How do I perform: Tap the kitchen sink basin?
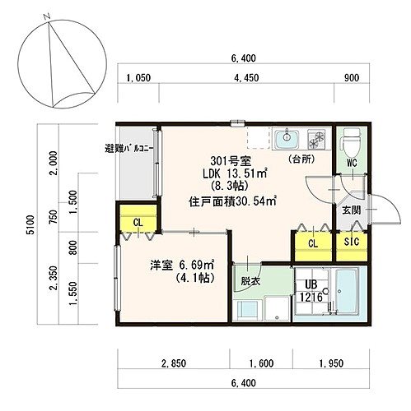coord(287,139)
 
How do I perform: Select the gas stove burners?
coord(315,139)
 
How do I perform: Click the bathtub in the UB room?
coord(347,292)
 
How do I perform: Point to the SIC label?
coord(352,242)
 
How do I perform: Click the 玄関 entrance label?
coord(351,210)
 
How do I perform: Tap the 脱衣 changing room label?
coord(250,281)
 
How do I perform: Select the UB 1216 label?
coord(311,291)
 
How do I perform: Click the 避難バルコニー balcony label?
coord(129,149)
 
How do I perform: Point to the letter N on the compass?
coord(47,17)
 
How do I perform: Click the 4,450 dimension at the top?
coord(246,78)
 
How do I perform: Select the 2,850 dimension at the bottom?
coord(174,363)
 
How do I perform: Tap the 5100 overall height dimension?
coord(31,224)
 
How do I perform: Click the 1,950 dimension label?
coord(331,363)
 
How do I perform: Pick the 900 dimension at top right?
coord(352,78)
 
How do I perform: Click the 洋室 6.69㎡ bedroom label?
coord(182,266)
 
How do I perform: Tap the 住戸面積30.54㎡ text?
coord(232,201)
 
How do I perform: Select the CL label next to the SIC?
coord(313,243)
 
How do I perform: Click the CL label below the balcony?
coord(138,223)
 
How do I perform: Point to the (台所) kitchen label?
coord(301,159)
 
